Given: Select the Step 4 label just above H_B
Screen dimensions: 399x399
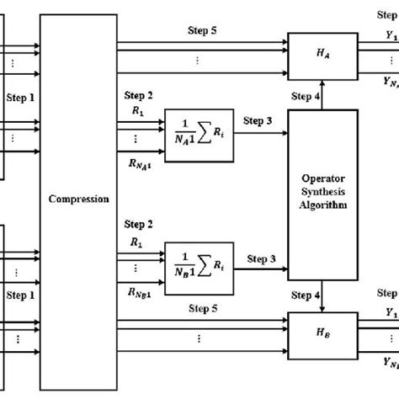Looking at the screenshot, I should coord(306,295).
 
